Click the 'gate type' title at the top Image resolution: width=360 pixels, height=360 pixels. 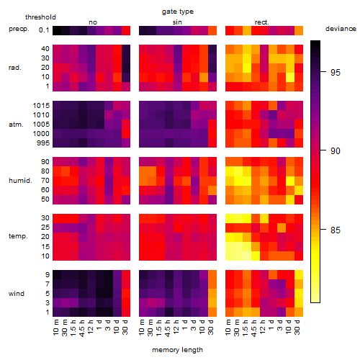(178, 12)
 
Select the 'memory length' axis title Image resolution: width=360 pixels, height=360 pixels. (177, 350)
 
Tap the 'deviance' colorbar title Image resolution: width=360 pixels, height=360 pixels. (341, 29)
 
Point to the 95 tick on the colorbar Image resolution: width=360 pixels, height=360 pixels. (323, 71)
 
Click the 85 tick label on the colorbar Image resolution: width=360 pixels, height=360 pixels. (336, 230)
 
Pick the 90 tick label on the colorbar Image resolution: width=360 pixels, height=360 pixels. (336, 150)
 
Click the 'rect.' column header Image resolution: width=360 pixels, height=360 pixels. (262, 22)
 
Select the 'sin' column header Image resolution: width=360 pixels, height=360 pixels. (177, 22)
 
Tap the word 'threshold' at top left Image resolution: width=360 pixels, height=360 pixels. (40, 17)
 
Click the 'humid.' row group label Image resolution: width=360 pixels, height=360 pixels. (20, 180)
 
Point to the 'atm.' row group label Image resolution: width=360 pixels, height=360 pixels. (16, 125)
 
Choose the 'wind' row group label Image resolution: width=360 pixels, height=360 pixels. (17, 293)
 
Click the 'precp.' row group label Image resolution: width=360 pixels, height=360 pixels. (19, 29)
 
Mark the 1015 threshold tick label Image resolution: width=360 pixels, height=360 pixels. (41, 105)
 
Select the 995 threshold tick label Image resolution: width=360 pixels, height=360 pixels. (43, 143)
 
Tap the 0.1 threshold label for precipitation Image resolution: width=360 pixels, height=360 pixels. (44, 30)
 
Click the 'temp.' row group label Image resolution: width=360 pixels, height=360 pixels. (18, 236)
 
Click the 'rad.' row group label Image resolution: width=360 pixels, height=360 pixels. (15, 68)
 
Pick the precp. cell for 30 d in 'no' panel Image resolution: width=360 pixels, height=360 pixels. (126, 30)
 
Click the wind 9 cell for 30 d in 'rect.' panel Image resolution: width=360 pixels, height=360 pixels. (299, 275)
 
